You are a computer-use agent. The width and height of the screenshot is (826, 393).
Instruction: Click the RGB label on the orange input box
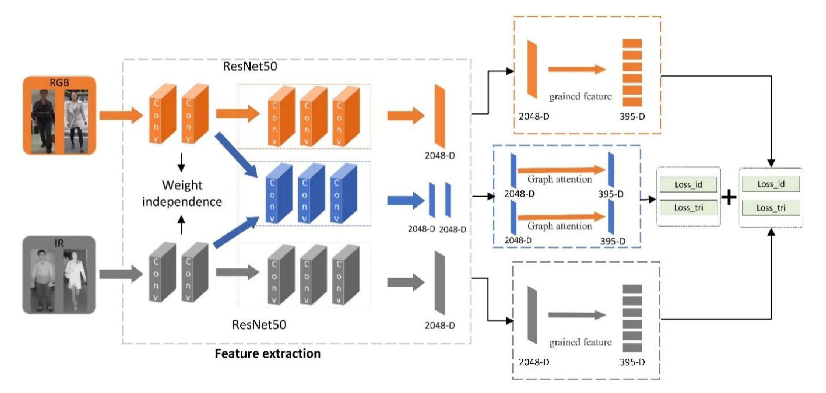[59, 83]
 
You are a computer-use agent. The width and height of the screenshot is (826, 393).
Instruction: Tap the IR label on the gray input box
[59, 243]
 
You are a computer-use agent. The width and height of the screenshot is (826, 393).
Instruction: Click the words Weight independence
[182, 193]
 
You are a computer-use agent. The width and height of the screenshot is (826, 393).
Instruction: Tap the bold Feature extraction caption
[267, 353]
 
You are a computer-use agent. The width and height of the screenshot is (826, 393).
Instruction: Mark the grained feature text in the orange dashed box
[580, 96]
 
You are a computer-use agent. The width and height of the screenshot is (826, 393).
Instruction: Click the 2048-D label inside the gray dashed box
[534, 362]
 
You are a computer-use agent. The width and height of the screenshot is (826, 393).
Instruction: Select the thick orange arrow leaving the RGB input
[120, 115]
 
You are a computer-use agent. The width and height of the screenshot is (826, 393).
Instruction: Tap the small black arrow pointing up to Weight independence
[182, 225]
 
